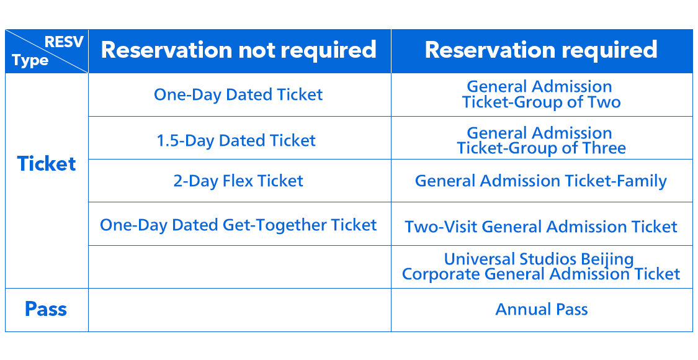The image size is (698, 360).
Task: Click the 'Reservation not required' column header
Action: tap(239, 50)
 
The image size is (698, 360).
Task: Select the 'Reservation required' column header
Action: tap(541, 50)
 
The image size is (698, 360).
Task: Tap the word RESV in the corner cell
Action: tap(64, 43)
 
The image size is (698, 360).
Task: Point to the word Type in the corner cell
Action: tap(30, 61)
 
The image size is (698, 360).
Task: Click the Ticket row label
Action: tap(47, 164)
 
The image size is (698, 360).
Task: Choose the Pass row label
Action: tap(46, 309)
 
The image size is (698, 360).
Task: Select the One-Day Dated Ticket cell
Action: tap(239, 94)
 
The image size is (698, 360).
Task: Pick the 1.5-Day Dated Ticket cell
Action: tap(236, 140)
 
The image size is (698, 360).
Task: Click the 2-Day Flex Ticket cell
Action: tap(238, 181)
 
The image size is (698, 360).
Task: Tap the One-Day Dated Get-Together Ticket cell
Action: tap(238, 225)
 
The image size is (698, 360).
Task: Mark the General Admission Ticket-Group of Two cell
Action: tap(541, 94)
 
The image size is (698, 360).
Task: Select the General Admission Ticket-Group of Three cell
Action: tap(541, 140)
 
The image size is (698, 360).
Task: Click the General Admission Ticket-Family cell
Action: tap(541, 181)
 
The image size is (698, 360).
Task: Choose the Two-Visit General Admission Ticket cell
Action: tap(541, 227)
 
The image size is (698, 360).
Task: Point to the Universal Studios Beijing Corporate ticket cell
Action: tap(541, 266)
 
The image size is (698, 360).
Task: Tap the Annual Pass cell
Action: tap(541, 309)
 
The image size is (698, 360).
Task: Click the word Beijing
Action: tap(604, 259)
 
